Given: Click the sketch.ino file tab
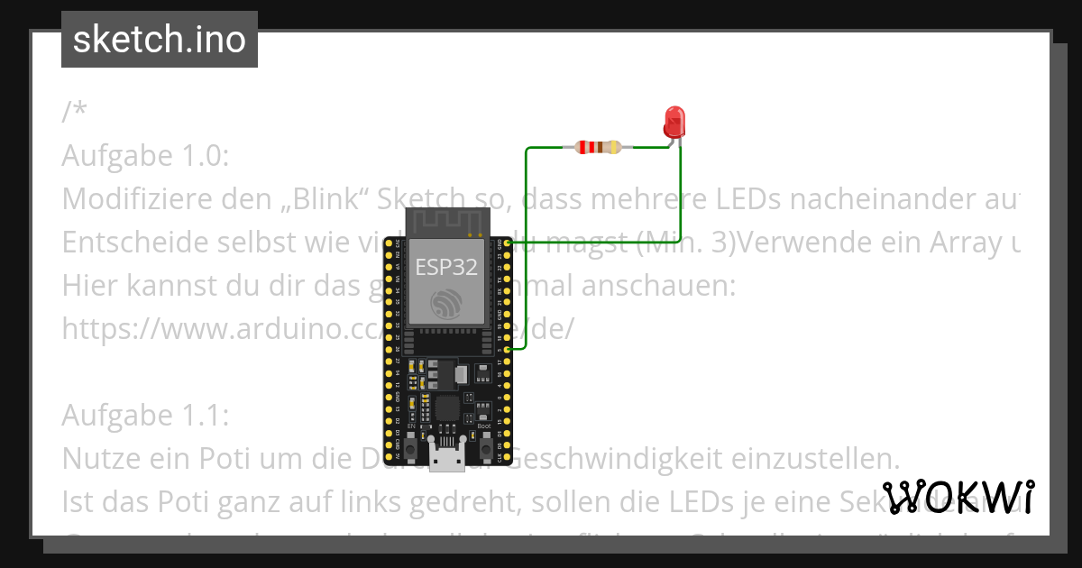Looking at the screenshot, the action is point(160,40).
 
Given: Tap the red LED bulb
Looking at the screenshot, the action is point(674,122).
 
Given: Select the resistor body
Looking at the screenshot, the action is point(598,147).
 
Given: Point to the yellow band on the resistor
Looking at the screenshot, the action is point(614,147).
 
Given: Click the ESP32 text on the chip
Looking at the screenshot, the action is point(445,267).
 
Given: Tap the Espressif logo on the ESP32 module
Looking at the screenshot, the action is point(445,304).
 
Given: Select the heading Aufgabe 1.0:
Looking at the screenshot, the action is point(146,156).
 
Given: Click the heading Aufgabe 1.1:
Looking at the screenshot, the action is point(146,416).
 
